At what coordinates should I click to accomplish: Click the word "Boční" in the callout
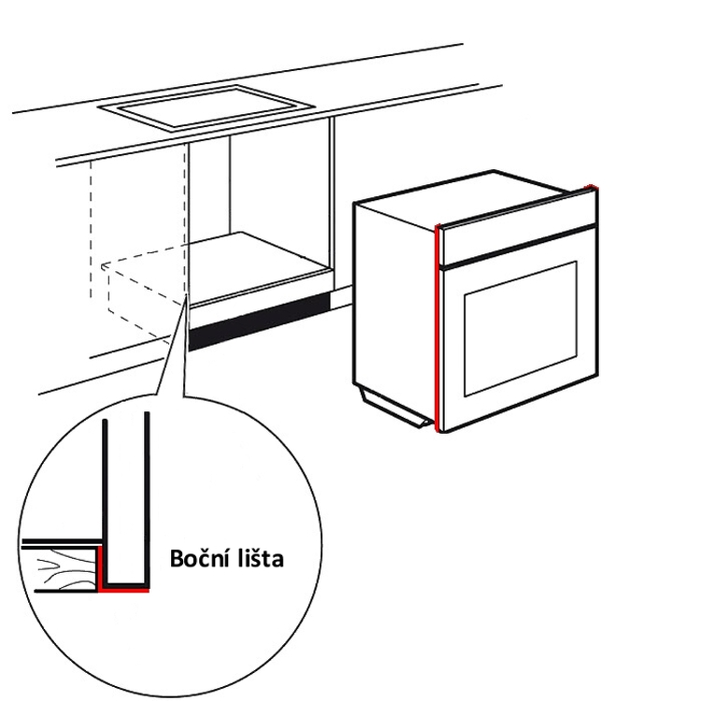[198, 557]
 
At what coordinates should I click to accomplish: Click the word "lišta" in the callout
[258, 558]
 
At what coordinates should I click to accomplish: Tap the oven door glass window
[521, 329]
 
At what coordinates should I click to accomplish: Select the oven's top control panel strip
[519, 227]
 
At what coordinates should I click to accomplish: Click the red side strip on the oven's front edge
[437, 329]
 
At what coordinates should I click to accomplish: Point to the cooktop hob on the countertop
[207, 107]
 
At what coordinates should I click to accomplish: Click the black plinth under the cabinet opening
[259, 322]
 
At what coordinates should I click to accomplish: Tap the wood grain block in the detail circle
[65, 568]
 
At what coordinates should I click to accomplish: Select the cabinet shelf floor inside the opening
[259, 266]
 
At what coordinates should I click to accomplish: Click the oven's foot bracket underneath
[393, 406]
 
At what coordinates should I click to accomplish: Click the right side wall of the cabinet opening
[332, 201]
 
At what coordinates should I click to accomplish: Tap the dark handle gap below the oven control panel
[519, 248]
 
